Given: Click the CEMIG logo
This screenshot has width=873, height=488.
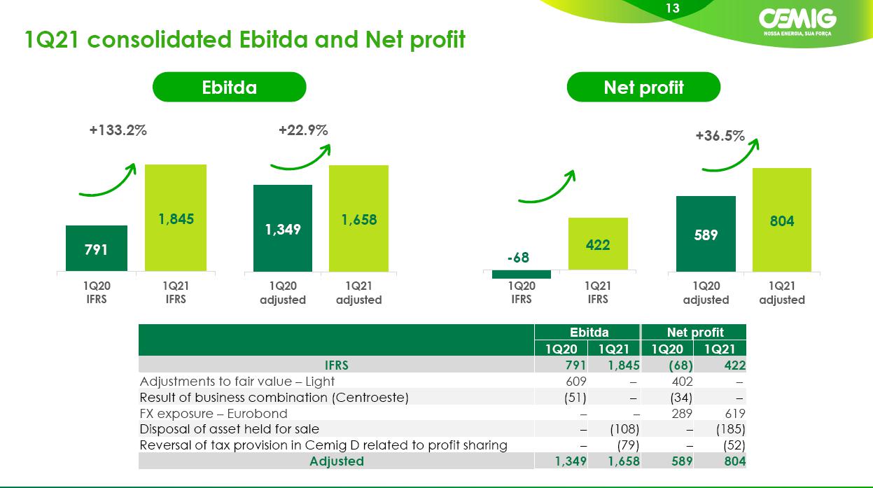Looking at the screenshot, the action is (797, 22).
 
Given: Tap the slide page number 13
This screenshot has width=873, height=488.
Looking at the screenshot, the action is (673, 8).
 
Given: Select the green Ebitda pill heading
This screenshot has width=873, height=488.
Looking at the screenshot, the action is (229, 87).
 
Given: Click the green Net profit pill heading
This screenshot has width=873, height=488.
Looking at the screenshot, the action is (643, 87).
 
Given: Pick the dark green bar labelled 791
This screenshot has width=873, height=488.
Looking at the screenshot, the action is (97, 249).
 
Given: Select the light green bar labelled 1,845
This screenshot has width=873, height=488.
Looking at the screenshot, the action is (176, 218).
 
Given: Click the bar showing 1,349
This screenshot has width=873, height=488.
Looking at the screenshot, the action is (283, 228).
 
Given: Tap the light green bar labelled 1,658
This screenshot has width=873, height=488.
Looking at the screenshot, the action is (358, 218).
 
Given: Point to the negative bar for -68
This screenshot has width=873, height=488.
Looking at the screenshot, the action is (522, 274).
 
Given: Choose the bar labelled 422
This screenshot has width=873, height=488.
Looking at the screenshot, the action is (598, 244).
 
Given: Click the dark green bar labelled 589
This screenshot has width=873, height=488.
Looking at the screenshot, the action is (706, 234).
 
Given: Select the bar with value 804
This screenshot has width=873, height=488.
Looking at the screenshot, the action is (782, 220).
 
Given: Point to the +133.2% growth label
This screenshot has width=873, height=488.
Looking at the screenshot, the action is (118, 130).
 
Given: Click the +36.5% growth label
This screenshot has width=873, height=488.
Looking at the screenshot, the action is (720, 136).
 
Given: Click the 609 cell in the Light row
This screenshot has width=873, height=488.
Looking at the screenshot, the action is (575, 381).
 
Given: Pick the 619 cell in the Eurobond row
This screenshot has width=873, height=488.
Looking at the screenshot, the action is (734, 413).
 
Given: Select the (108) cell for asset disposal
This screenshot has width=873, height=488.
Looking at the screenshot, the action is (624, 429).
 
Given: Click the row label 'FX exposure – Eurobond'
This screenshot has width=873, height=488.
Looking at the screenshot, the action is (214, 413).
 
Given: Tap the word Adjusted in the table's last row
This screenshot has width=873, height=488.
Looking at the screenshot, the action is (337, 461).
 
